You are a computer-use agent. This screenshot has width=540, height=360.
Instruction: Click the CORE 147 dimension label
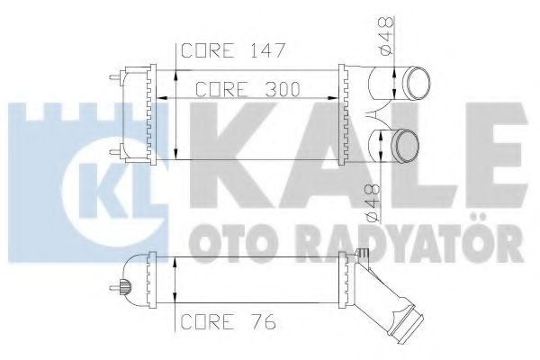pyautogui.click(x=233, y=50)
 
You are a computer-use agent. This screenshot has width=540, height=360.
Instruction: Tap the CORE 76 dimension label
pyautogui.click(x=228, y=319)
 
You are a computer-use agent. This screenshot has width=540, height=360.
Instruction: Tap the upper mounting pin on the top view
pyautogui.click(x=116, y=78)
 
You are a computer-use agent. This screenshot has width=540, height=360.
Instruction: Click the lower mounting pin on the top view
pyautogui.click(x=116, y=149)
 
